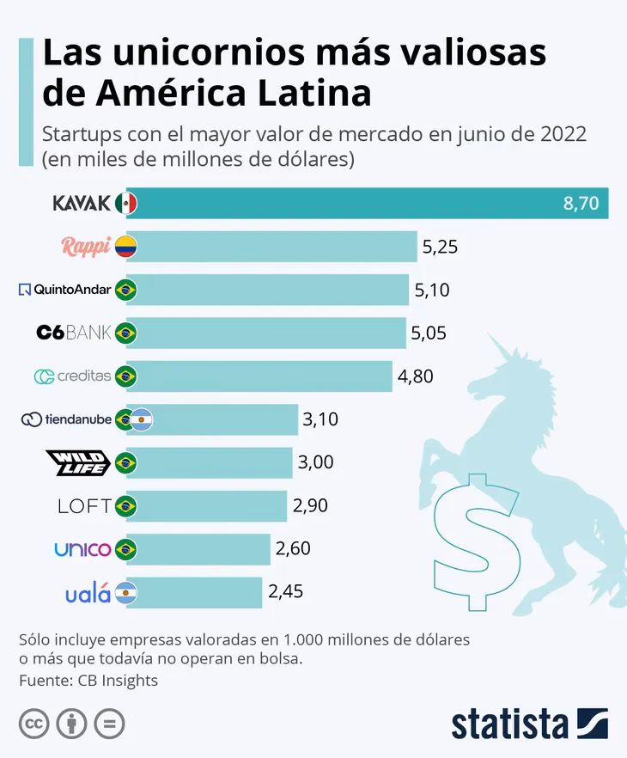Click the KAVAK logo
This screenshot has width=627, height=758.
click(x=82, y=204)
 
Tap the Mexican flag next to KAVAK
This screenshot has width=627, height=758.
click(x=126, y=204)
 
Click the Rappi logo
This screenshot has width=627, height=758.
click(x=86, y=247)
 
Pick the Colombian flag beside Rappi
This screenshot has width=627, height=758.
click(x=126, y=247)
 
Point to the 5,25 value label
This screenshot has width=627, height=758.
click(x=440, y=247)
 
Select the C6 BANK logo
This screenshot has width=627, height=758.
click(x=74, y=333)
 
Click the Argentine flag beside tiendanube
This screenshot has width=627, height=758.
click(x=142, y=419)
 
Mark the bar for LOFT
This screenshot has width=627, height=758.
click(x=207, y=505)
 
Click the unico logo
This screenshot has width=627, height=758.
click(x=82, y=549)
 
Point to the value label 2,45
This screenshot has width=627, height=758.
click(x=285, y=592)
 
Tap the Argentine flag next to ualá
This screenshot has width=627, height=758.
click(x=126, y=593)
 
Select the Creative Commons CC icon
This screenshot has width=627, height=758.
click(x=33, y=724)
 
